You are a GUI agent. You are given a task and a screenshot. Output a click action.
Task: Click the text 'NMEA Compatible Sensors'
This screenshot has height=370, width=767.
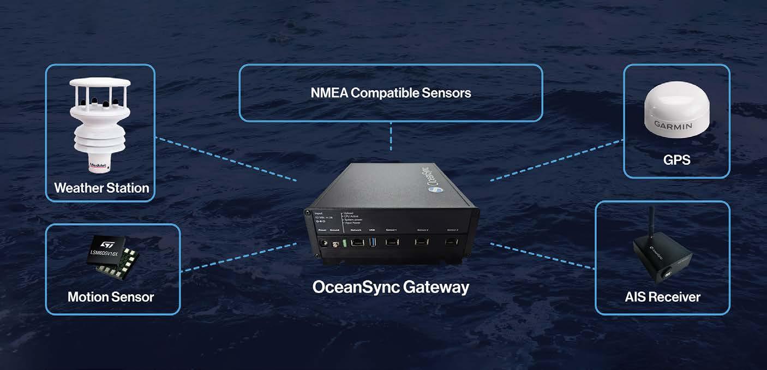coord(391,93)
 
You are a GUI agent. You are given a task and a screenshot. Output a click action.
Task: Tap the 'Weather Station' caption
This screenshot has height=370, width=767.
coord(101,188)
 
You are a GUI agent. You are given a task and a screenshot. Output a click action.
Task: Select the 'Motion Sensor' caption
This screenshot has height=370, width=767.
coord(111,297)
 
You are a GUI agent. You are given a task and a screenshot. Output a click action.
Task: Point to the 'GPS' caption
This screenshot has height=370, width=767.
coord(676,159)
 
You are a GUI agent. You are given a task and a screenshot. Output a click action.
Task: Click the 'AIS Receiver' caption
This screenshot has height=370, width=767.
coord(662,297)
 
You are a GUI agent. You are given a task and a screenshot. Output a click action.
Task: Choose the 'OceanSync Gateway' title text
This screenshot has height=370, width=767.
coord(391,287)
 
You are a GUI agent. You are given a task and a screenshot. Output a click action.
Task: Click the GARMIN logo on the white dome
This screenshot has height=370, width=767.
coord(673,126)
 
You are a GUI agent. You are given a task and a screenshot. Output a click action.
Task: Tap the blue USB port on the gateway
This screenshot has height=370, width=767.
coord(372,242)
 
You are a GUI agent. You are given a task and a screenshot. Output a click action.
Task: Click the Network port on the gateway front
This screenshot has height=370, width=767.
coord(356,242)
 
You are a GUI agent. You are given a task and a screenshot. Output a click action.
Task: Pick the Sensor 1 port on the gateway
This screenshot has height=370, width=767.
coord(392,243)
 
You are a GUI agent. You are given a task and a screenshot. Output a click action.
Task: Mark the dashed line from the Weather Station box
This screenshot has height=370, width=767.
coord(226,159)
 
